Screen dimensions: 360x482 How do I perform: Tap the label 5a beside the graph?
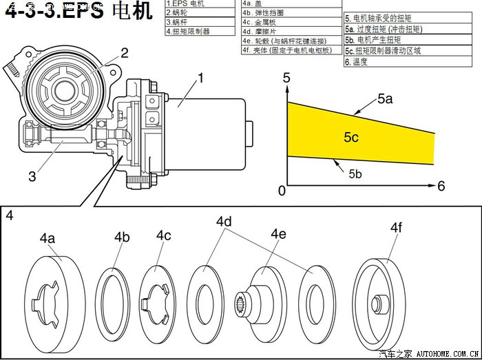click(x=385, y=99)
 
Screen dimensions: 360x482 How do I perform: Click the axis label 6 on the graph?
click(x=441, y=186)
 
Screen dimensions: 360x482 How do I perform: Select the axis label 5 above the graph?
click(x=286, y=78)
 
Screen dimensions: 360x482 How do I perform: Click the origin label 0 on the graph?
click(x=281, y=191)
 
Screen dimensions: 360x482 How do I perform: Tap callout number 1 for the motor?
click(x=200, y=78)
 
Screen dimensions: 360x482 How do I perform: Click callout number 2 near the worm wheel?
click(x=125, y=52)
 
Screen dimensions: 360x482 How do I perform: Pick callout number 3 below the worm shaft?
click(x=32, y=176)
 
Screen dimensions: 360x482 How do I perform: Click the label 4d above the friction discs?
click(x=224, y=222)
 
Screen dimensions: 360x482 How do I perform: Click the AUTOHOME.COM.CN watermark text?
click(x=447, y=354)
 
